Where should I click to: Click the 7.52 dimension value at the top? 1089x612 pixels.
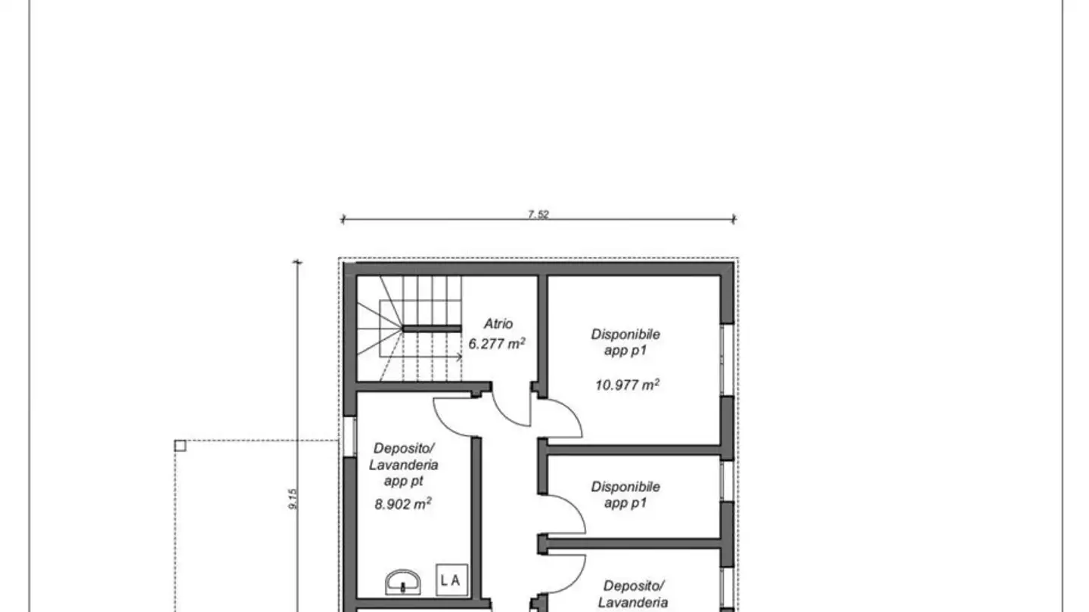point(538,215)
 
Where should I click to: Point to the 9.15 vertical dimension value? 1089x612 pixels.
point(293,499)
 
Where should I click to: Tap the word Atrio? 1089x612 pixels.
point(498,324)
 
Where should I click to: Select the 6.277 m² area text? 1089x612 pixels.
point(497,343)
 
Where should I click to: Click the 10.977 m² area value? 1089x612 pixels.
point(627,385)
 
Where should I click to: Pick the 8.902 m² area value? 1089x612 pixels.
point(403,504)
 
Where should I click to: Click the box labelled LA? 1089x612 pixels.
point(452,580)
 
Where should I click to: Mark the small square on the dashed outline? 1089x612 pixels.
point(180,446)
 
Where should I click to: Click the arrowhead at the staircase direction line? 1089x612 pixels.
point(459,357)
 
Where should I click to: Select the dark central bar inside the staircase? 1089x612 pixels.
point(432,328)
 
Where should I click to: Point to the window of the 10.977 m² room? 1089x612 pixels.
point(727,360)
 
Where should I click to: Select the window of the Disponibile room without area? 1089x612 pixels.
point(727,480)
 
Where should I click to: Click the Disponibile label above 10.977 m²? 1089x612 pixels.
point(625,334)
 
